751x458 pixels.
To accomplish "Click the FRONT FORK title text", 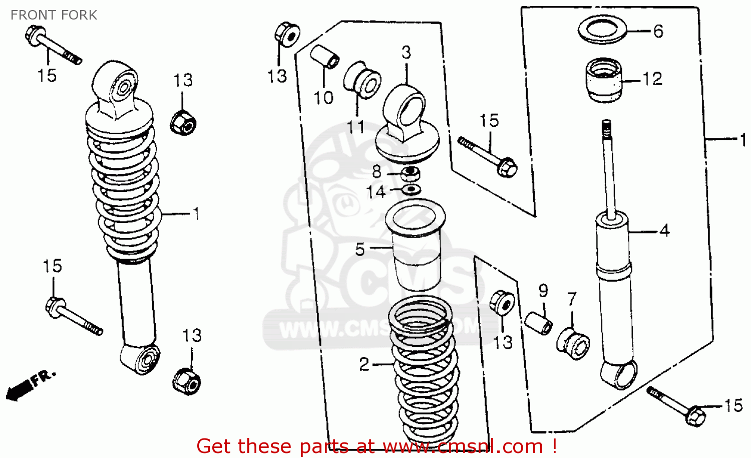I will click(x=54, y=15).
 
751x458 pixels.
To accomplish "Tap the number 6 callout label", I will click(x=658, y=31).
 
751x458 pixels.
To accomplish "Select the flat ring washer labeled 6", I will click(x=603, y=31).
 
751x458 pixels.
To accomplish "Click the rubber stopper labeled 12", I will click(x=604, y=80).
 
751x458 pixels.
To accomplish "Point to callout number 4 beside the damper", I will click(x=664, y=231).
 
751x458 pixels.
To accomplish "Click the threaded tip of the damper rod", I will click(x=606, y=128).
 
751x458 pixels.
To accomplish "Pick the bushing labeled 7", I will click(x=573, y=343).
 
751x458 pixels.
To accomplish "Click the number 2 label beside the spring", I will click(x=364, y=364).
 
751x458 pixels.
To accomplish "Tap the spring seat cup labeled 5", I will click(x=415, y=246).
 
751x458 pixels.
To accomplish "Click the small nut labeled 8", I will click(x=411, y=174).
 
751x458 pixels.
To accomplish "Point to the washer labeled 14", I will click(x=412, y=190).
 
